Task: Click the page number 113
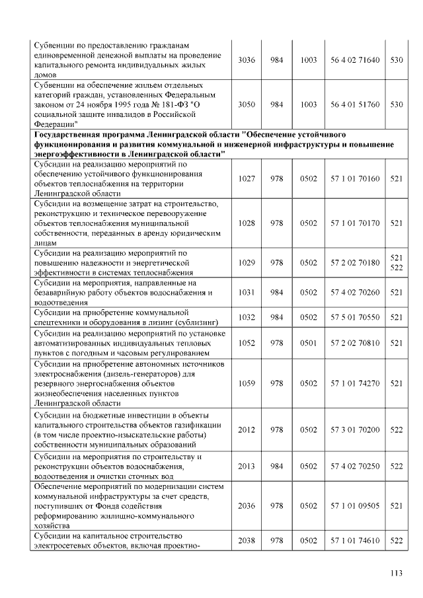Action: [396, 573]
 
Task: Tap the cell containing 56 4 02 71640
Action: [355, 60]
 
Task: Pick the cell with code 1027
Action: [247, 178]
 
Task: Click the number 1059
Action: [247, 383]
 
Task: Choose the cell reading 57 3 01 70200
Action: [355, 430]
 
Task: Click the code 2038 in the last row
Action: [247, 540]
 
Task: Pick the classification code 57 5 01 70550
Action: [355, 317]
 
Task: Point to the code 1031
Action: [247, 292]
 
